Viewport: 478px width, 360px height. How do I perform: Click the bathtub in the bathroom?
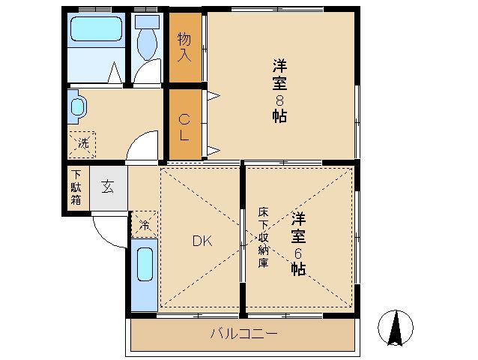tap(96, 28)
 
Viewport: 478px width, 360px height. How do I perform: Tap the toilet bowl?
tap(148, 44)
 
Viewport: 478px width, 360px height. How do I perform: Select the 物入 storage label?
tap(184, 47)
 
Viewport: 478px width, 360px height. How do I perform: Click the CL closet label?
tap(184, 127)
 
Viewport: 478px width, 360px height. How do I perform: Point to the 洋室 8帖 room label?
tap(279, 91)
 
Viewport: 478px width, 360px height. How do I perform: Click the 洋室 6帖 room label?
tap(298, 243)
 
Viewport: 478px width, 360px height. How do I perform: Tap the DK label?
tap(202, 241)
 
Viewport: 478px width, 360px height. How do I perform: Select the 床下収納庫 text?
tap(263, 238)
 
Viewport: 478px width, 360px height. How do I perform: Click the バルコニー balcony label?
tap(244, 334)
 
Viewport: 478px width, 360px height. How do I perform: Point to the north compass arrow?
tap(396, 328)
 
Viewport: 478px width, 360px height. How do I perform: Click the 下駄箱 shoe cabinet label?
tap(76, 187)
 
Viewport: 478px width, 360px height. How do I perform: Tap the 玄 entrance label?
tap(108, 187)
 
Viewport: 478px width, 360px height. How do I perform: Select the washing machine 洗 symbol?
tap(82, 145)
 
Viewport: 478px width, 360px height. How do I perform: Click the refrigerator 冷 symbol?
tap(145, 224)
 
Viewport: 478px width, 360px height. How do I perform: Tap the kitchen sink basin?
tap(145, 264)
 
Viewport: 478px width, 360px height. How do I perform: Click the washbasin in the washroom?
tap(78, 106)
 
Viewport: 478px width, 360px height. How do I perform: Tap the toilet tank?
tap(148, 22)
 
